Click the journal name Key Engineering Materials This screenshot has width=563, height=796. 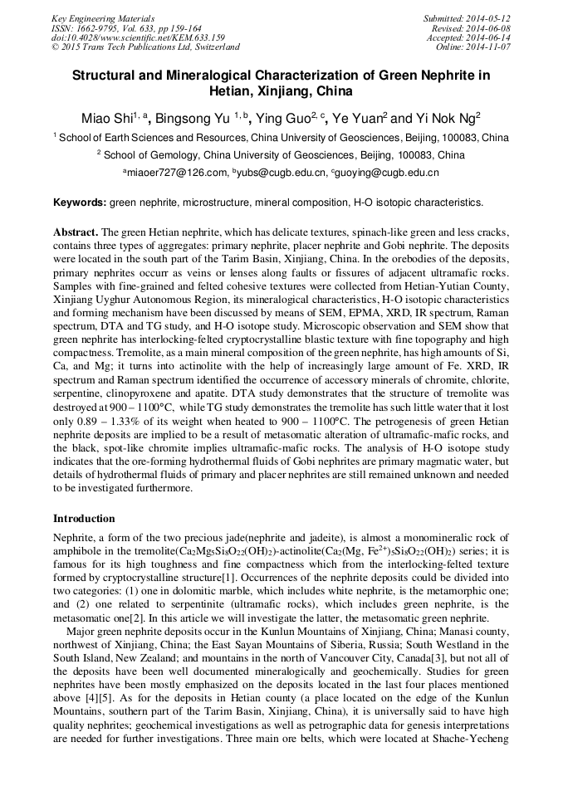[102, 17]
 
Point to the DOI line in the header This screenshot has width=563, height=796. [138, 37]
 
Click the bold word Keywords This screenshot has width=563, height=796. [80, 203]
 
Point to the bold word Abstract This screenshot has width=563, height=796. [76, 232]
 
